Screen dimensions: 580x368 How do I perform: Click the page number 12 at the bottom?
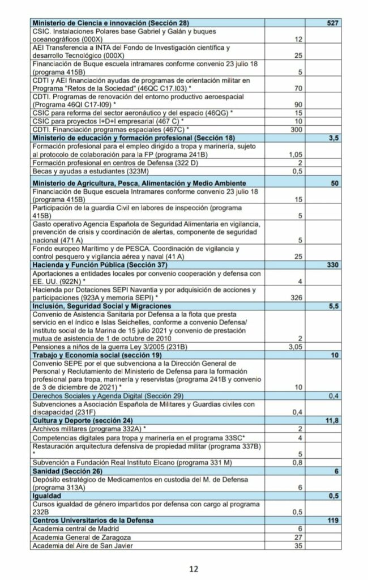click(194, 569)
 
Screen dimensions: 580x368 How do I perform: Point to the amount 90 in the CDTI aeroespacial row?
click(299, 105)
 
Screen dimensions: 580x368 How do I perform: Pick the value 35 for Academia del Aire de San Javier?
click(299, 545)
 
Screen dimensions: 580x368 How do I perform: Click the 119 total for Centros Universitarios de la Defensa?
click(332, 520)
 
